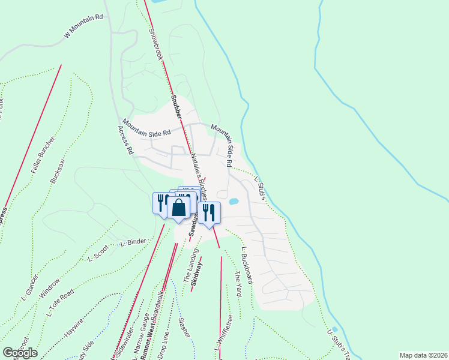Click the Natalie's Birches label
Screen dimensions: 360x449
(x=199, y=175)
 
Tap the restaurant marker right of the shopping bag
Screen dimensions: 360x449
(x=209, y=213)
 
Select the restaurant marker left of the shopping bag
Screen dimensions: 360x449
(x=161, y=202)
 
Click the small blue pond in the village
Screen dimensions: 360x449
(x=234, y=200)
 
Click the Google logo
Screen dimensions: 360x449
(x=20, y=353)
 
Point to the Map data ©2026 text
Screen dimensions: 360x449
(x=423, y=355)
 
